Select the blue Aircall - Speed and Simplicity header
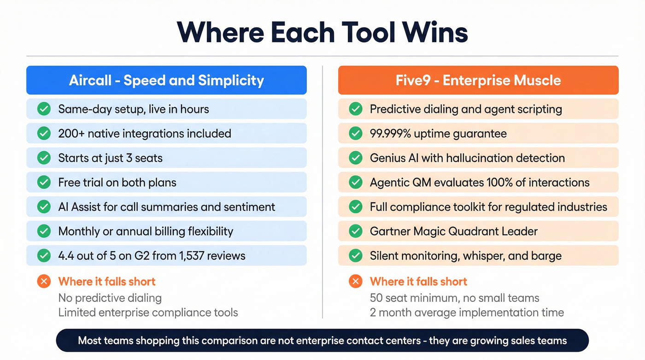click(166, 80)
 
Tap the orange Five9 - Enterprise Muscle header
click(478, 80)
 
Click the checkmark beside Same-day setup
click(44, 109)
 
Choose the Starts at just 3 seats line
click(110, 158)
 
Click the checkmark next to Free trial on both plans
click(44, 183)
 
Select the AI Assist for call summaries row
click(166, 207)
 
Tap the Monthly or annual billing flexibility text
click(146, 231)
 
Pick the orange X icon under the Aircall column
click(44, 282)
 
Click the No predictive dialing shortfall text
click(110, 298)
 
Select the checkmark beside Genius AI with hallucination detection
click(355, 158)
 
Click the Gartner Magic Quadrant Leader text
click(453, 231)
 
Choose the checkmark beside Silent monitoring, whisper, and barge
click(355, 256)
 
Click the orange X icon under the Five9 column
click(355, 282)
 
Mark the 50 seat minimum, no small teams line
click(454, 298)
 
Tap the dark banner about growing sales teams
click(322, 341)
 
